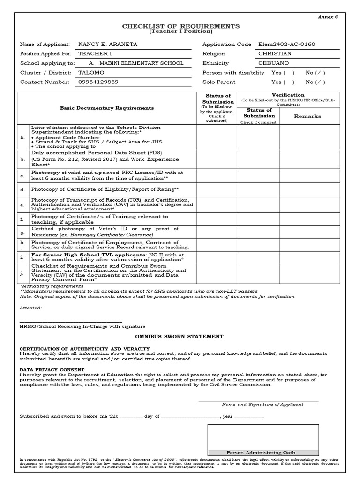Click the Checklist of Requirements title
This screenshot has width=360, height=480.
point(180,26)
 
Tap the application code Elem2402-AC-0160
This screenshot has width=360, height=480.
point(286,44)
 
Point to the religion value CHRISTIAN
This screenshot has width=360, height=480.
point(275,54)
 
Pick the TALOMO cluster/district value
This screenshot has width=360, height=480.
point(91,73)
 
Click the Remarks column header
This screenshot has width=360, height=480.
point(307,116)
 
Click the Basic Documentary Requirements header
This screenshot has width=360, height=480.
point(107,108)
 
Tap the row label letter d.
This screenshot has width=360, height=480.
point(22,190)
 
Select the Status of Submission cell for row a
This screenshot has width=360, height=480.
point(216,137)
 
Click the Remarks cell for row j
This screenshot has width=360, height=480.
point(307,273)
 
